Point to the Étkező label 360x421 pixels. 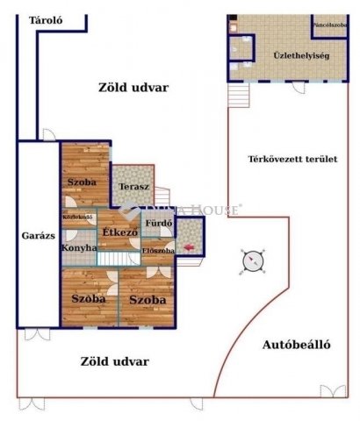pyautogui.click(x=119, y=232)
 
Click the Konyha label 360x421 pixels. pyautogui.click(x=77, y=248)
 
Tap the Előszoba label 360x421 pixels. pyautogui.click(x=157, y=251)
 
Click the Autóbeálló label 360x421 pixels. pyautogui.click(x=297, y=345)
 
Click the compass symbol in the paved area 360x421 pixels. pyautogui.click(x=253, y=260)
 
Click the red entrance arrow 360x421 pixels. pyautogui.click(x=191, y=248)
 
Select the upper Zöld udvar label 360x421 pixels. pyautogui.click(x=133, y=88)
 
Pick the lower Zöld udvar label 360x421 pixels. pyautogui.click(x=114, y=360)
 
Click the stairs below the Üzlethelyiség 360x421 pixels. pyautogui.click(x=234, y=92)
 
